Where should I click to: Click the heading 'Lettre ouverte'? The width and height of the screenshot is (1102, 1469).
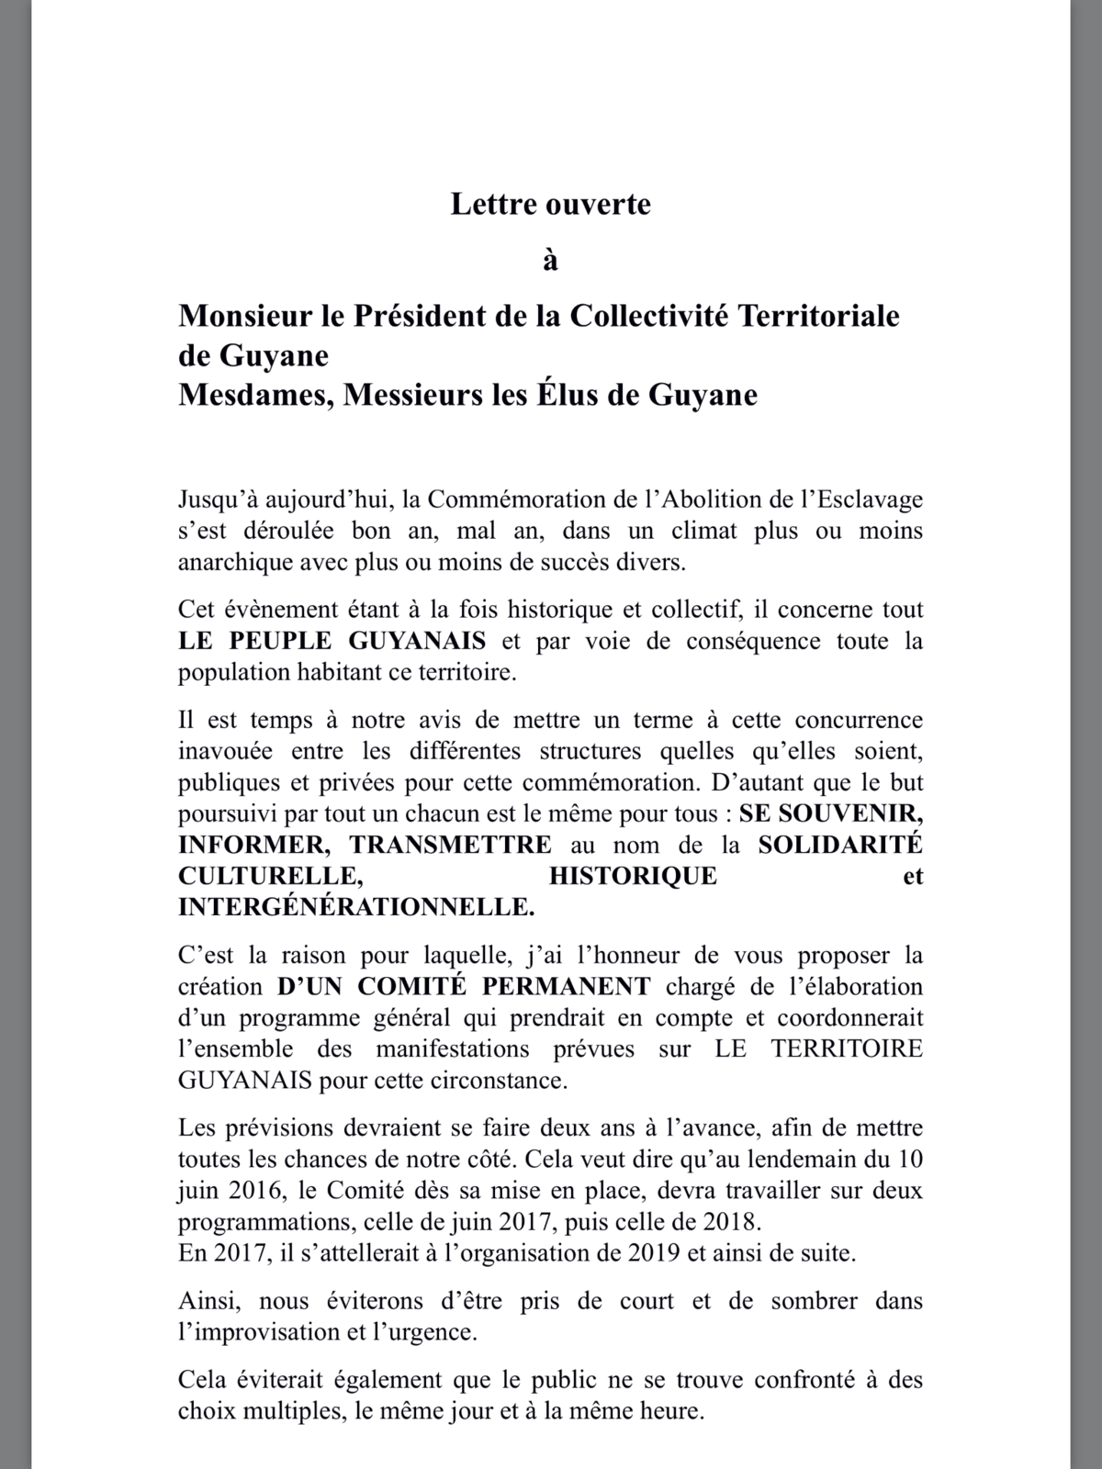click(550, 204)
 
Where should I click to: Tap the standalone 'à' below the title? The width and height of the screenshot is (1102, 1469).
click(550, 262)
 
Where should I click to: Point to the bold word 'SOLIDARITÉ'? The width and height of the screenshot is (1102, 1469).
click(839, 845)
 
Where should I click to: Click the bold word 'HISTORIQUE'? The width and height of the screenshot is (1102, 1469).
click(633, 876)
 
